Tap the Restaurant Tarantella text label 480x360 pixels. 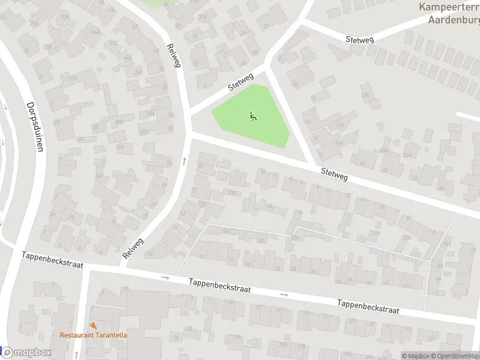pos(93,335)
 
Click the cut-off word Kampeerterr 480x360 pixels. pos(448,7)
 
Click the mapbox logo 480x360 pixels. pos(26,353)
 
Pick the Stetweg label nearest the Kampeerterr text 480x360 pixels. pos(359,40)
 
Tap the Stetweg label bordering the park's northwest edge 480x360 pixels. pos(241,83)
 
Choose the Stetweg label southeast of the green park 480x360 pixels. pos(334,175)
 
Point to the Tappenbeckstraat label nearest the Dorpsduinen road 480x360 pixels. pos(52,259)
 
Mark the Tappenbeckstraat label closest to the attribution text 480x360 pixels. pos(368,306)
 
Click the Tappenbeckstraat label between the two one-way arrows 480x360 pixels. pos(219,285)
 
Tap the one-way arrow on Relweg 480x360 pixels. pos(185,161)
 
